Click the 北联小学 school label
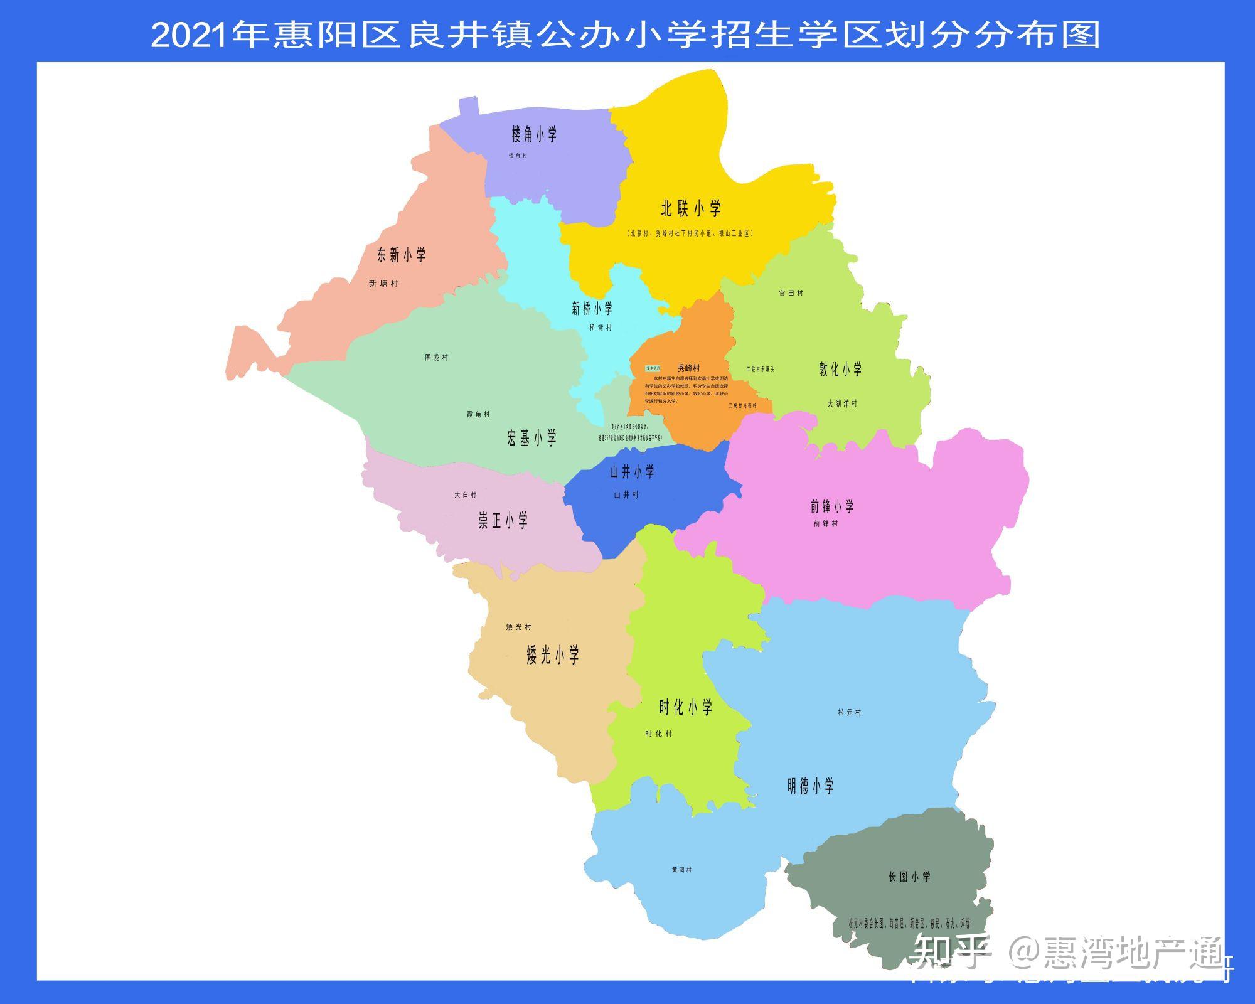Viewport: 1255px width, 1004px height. (691, 208)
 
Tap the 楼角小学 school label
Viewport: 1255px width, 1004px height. (534, 134)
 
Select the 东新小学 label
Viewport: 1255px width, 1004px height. (401, 255)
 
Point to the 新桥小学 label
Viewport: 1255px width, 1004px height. (592, 308)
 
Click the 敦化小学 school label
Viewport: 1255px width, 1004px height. (840, 369)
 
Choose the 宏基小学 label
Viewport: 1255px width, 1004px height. (531, 438)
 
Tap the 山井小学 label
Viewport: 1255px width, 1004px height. (632, 472)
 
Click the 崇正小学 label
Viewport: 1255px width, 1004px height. (503, 521)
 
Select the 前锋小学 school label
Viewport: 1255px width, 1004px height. (831, 506)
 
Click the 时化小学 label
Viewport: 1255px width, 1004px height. (685, 708)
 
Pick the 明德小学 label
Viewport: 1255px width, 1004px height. (810, 786)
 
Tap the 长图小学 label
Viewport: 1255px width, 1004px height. (909, 877)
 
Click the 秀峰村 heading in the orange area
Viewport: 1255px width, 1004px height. (688, 368)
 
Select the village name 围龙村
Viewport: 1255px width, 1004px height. (437, 358)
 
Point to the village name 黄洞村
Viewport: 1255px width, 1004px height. (681, 870)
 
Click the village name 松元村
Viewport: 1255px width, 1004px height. (849, 712)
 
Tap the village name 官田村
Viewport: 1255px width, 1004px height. (791, 293)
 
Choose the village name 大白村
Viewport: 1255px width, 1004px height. (466, 495)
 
